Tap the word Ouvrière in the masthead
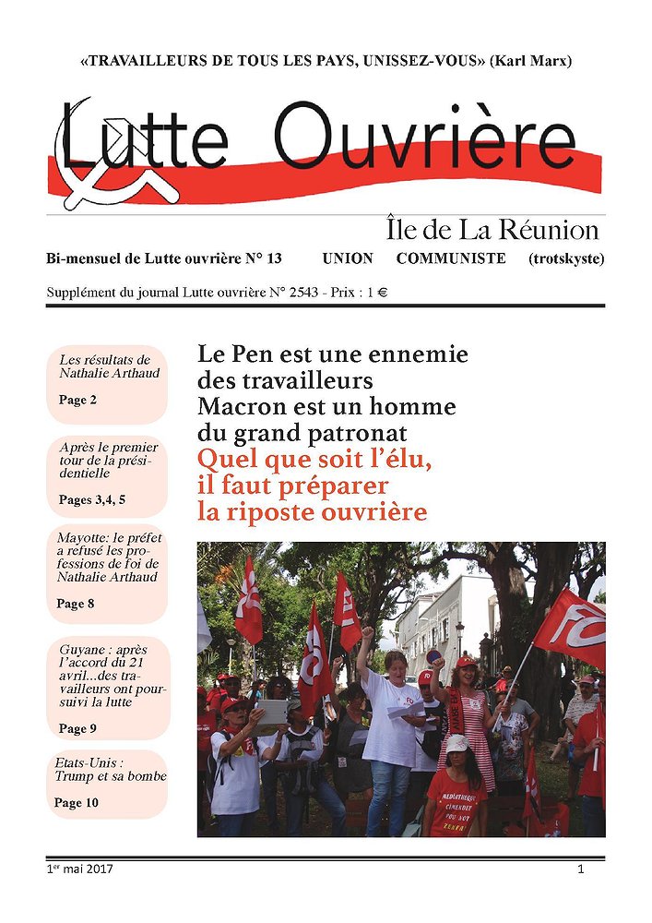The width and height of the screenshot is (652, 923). coord(424,141)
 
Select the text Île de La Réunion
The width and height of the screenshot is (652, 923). coord(492,230)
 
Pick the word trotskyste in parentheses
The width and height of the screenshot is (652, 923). coord(566,258)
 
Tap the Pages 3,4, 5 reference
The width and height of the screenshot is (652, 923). coord(91,499)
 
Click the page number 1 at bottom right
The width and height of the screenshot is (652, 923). coord(581,869)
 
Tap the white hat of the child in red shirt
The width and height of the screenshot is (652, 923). coord(456,743)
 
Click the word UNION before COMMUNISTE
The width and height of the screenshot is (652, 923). coord(350,258)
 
